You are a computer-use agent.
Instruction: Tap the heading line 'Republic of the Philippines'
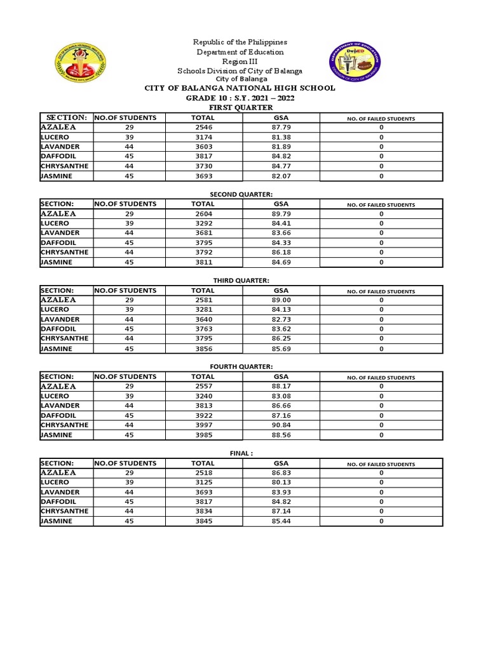point(240,42)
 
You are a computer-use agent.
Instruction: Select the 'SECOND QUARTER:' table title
point(240,194)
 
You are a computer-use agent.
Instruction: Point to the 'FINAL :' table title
point(240,454)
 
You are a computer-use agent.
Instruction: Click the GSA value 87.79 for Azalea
point(280,128)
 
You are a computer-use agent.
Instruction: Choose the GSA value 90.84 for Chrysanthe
point(280,425)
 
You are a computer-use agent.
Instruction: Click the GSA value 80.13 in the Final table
point(280,482)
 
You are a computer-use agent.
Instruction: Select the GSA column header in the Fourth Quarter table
point(280,377)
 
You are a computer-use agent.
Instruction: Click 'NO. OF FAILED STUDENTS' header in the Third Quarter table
point(381,291)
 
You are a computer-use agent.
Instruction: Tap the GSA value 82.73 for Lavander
point(280,319)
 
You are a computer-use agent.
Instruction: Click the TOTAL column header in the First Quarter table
point(203,118)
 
